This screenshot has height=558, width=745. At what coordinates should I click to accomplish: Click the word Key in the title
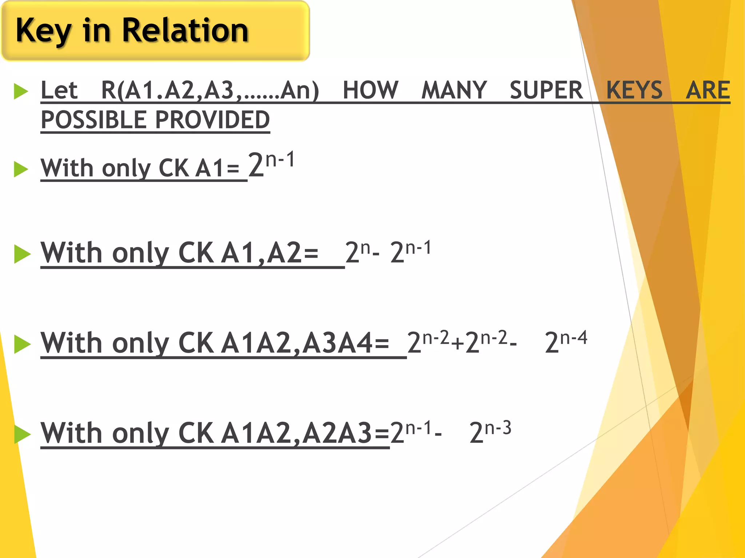44,31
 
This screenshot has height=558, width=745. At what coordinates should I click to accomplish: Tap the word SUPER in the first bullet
546,90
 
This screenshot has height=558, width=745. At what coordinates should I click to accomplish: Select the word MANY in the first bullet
454,90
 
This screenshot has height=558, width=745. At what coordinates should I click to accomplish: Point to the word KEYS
634,90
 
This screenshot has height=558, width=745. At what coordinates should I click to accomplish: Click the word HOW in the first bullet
370,90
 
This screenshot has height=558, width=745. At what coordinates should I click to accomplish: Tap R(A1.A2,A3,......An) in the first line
210,90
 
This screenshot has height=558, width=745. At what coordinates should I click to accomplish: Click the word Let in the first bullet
59,90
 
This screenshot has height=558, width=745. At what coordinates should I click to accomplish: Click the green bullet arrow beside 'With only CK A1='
21,169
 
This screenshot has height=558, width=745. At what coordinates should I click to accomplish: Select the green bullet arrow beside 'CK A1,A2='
22,254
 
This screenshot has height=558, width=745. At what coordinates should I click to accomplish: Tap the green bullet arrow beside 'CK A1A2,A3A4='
22,344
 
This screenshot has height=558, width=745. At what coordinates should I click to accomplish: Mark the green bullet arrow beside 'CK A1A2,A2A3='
22,434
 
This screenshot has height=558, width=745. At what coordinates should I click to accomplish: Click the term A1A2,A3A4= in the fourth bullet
305,343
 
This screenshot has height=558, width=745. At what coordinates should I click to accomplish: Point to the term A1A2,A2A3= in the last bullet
305,433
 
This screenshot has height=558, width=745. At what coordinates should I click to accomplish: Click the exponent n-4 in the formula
574,338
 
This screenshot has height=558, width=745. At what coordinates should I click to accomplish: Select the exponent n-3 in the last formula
498,428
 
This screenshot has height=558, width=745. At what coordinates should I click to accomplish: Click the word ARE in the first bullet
708,90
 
